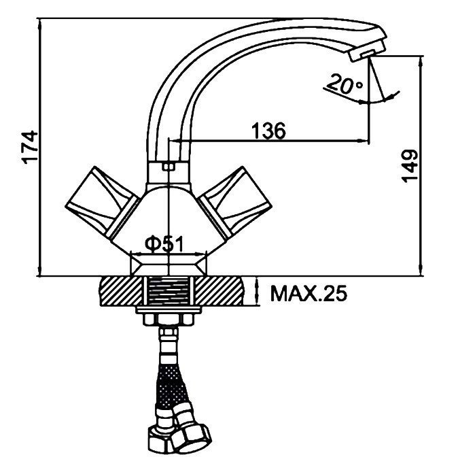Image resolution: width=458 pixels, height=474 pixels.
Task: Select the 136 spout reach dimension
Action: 268,131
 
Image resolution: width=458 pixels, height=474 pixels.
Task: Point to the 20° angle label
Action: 345,84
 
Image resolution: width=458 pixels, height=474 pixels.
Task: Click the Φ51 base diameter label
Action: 164,244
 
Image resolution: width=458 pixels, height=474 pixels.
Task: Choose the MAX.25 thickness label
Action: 309,293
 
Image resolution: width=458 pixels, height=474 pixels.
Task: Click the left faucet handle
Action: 102,201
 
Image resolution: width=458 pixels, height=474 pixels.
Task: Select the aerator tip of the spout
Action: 366,52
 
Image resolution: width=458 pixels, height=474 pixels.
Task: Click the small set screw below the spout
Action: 169,167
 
